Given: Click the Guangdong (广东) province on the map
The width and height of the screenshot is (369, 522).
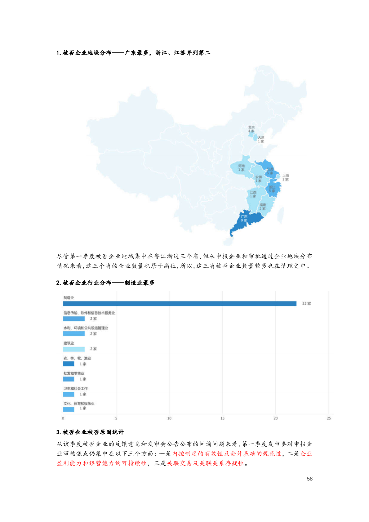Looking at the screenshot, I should [247, 221].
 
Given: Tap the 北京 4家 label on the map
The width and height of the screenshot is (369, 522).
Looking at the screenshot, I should [251, 129].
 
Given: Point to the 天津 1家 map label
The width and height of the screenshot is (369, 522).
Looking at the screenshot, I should [261, 139].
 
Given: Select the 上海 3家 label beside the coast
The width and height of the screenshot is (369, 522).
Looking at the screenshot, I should [285, 177].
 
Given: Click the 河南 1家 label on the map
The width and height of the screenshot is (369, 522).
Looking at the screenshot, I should [241, 168].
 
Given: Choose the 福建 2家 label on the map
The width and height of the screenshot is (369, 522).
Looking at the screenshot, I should [262, 207].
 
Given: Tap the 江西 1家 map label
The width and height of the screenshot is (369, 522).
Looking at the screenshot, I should [253, 194].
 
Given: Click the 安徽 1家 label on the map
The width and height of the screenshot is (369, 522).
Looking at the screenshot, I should [258, 179].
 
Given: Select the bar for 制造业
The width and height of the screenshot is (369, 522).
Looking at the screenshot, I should [180, 304].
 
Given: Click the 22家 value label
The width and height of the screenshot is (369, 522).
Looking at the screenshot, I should [306, 304].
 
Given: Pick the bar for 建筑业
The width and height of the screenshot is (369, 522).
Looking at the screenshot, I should [74, 349].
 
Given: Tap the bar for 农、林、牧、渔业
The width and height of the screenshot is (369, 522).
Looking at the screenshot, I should [69, 364].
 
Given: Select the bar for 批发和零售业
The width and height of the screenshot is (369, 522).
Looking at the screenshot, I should [69, 379].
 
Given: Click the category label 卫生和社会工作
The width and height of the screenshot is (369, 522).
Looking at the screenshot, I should [76, 388].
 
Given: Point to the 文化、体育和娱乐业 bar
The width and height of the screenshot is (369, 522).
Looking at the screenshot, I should [69, 409].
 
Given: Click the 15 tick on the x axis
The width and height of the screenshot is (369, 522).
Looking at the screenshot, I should [222, 418].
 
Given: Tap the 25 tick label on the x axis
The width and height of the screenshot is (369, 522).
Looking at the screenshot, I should [329, 418].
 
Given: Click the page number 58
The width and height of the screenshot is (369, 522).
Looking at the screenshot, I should [309, 479].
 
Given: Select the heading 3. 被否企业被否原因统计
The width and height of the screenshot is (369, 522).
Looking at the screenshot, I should [90, 432].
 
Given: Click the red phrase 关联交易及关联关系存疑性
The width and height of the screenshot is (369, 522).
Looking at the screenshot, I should [206, 463].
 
